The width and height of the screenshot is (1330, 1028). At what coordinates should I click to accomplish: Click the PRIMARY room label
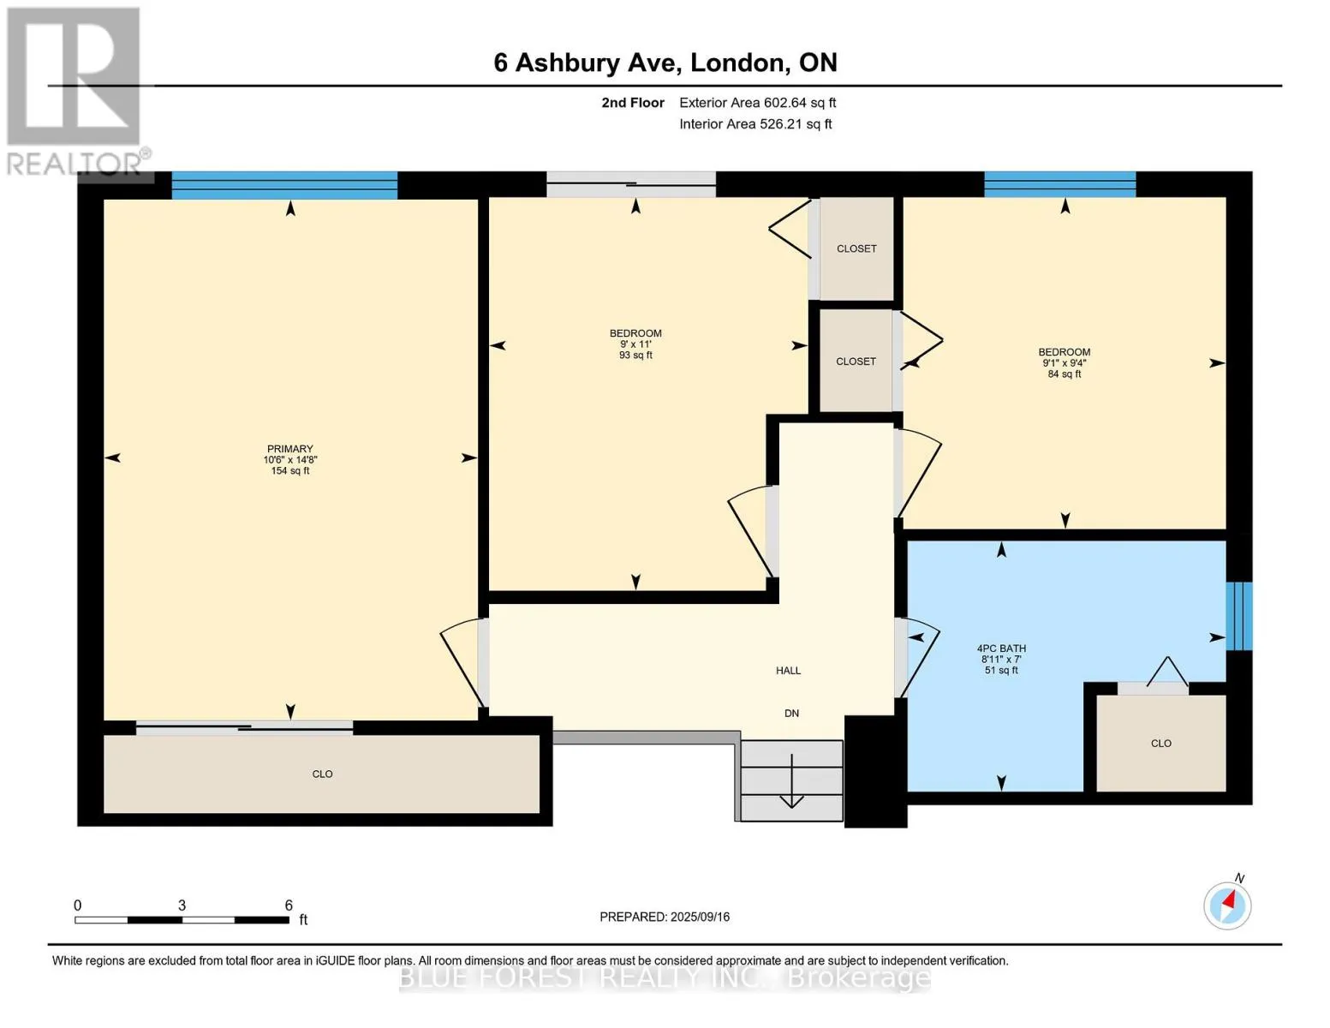coord(289,449)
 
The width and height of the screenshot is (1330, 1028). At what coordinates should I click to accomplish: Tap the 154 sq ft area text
coord(290,471)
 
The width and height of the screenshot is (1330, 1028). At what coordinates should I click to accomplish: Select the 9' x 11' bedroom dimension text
coord(635,344)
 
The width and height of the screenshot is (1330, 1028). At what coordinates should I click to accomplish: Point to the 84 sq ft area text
coord(1065,374)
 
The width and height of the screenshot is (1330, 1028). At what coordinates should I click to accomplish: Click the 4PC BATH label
coord(1001,648)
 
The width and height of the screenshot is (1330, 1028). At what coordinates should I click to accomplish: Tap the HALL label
coord(789,671)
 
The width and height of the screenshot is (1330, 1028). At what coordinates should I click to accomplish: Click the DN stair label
coord(791,714)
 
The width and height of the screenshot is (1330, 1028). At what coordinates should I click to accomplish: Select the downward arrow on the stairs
coord(791,780)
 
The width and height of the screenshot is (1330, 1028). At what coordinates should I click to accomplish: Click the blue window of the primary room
coord(284,185)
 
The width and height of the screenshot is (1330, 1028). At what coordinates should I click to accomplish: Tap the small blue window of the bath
coord(1239,616)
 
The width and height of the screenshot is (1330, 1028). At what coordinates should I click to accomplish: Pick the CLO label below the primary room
coord(323,774)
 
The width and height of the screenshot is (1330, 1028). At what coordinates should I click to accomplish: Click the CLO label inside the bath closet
coord(1161,744)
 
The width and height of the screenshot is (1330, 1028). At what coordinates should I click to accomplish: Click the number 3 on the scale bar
coord(182,905)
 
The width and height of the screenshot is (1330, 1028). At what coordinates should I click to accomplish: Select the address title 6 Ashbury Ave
coord(588,63)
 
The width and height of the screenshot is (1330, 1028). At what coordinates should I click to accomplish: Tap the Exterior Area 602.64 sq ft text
coord(758,103)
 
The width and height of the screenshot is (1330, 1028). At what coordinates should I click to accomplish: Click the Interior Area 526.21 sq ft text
coord(756,124)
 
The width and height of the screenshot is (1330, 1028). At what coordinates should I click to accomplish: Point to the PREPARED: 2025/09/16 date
coord(665,917)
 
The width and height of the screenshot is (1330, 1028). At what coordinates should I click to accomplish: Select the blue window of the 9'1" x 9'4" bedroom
coord(1060,183)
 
